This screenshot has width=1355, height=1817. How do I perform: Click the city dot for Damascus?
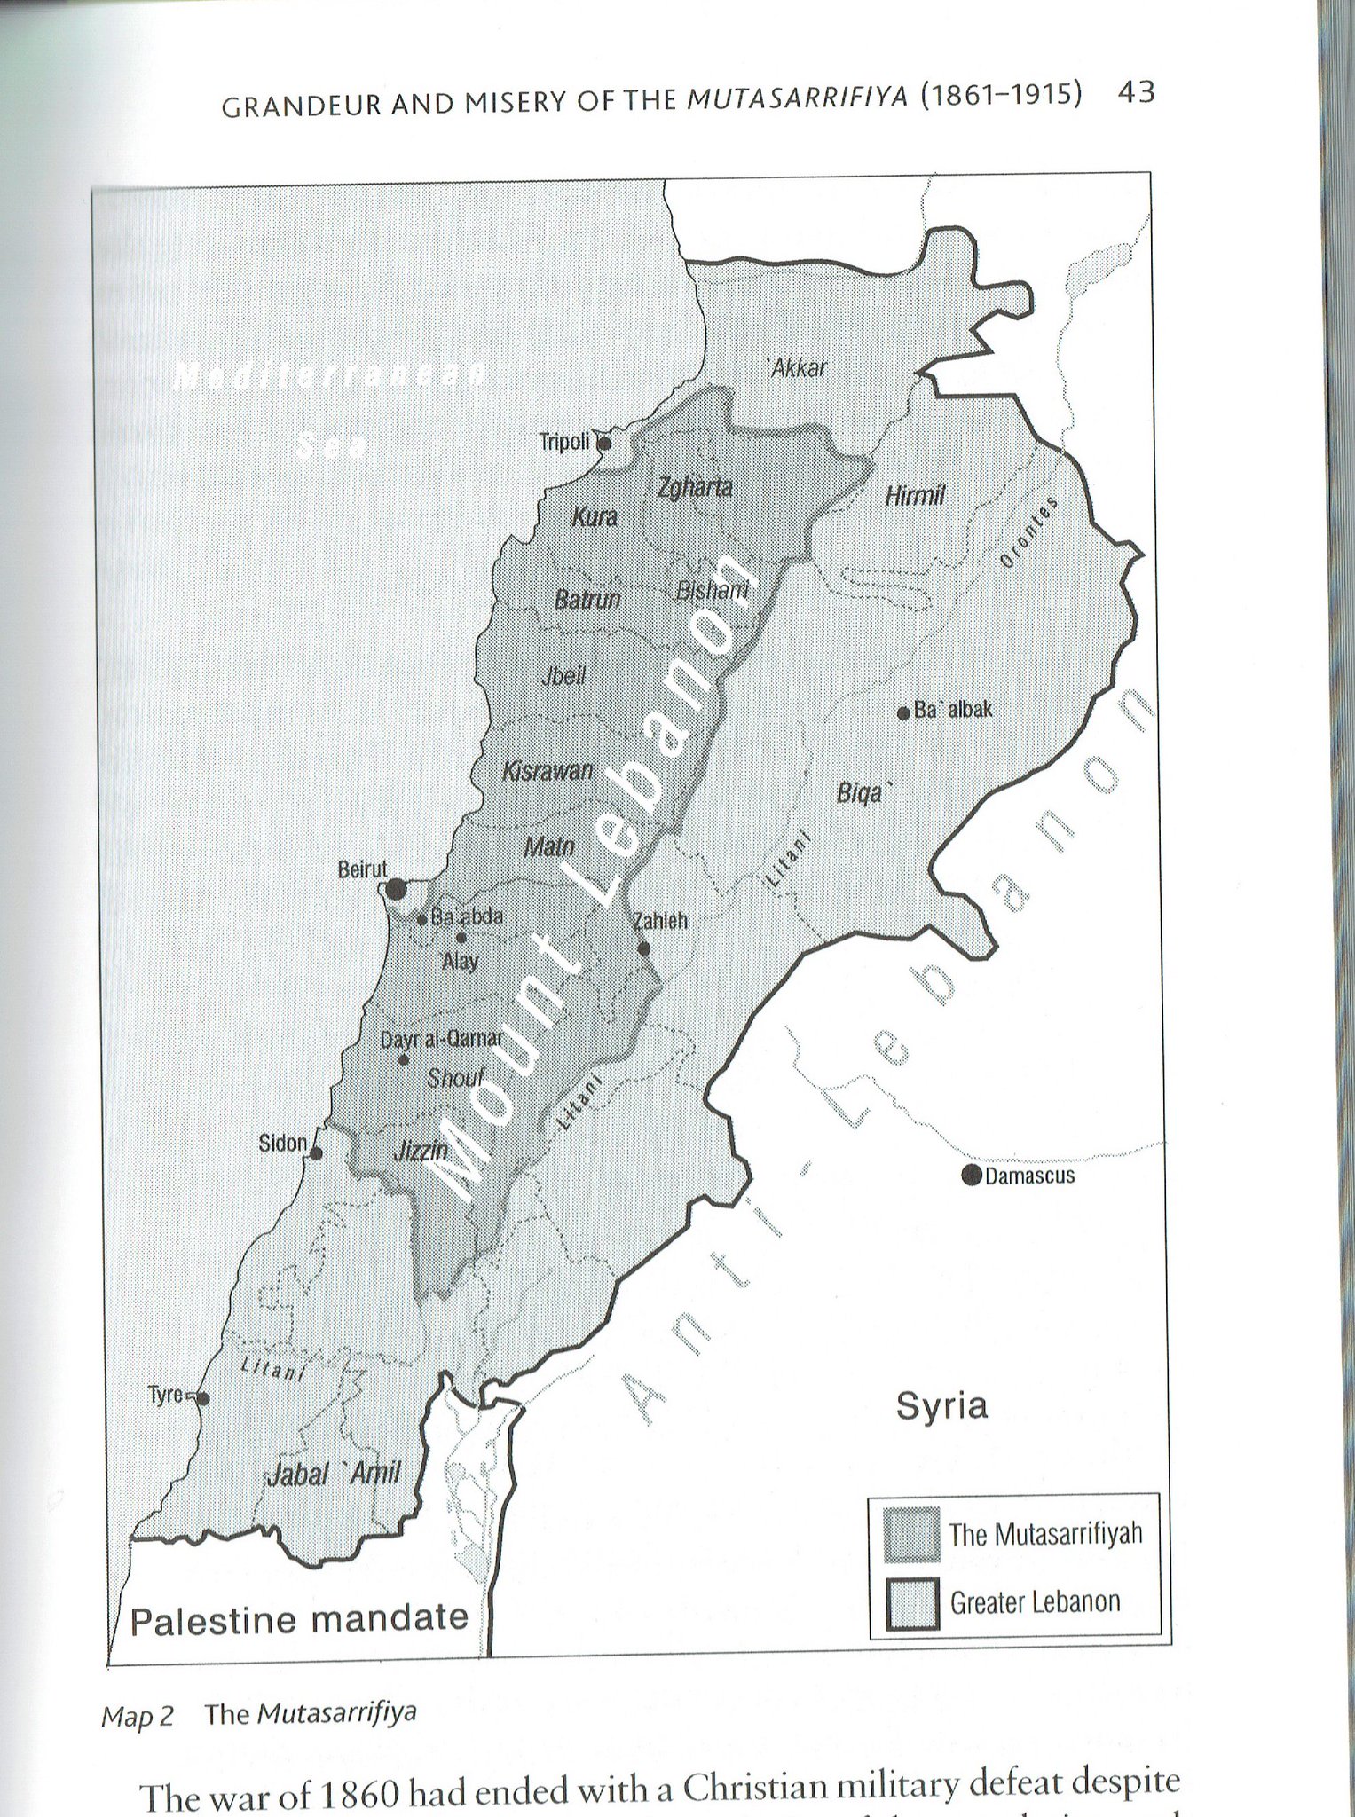point(972,1176)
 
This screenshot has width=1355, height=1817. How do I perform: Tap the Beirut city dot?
point(396,888)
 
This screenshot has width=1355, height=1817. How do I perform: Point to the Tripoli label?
point(564,441)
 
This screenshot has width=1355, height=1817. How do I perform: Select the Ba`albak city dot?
point(903,712)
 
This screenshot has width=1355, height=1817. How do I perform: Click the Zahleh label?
point(660,921)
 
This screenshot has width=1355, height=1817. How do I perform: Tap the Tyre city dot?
point(203,1398)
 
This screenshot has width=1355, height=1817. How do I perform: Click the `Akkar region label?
point(797,367)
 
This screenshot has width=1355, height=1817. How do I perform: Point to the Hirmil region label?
point(915,495)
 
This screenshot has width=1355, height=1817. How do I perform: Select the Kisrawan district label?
point(548,771)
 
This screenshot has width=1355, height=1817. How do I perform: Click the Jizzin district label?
point(421,1152)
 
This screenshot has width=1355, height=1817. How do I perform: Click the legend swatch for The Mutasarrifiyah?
point(911,1533)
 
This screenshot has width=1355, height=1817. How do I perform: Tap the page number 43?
point(1137,92)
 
